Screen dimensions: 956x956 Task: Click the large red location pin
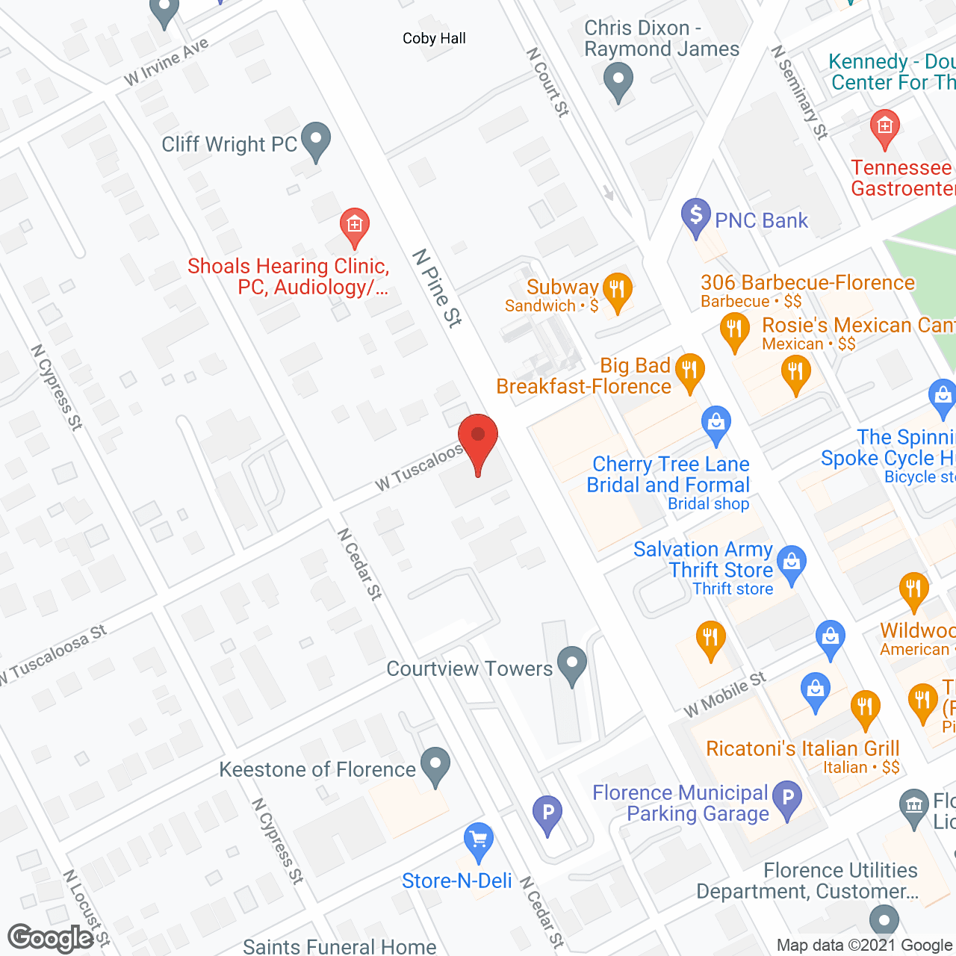pyautogui.click(x=477, y=441)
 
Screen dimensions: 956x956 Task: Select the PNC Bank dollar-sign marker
pyautogui.click(x=695, y=217)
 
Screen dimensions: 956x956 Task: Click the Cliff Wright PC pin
pyautogui.click(x=316, y=140)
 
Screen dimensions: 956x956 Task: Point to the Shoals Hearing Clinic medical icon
pyautogui.click(x=354, y=226)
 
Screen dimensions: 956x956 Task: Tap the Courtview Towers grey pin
pyautogui.click(x=573, y=665)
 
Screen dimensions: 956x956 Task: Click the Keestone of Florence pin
pyautogui.click(x=435, y=766)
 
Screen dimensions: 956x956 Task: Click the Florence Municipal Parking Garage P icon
pyautogui.click(x=787, y=799)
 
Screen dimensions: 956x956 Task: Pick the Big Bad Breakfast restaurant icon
pyautogui.click(x=689, y=371)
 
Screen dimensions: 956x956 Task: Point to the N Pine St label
pyautogui.click(x=438, y=289)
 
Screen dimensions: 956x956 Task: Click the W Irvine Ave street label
pyautogui.click(x=167, y=62)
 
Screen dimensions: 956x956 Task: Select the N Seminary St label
pyautogui.click(x=800, y=93)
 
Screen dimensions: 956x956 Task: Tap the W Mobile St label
pyautogui.click(x=725, y=695)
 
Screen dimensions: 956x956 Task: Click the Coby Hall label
pyautogui.click(x=434, y=39)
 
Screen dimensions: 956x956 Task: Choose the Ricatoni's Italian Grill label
pyautogui.click(x=803, y=748)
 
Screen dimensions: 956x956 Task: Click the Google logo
pyautogui.click(x=51, y=938)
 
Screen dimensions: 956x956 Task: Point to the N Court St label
pyautogui.click(x=547, y=82)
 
